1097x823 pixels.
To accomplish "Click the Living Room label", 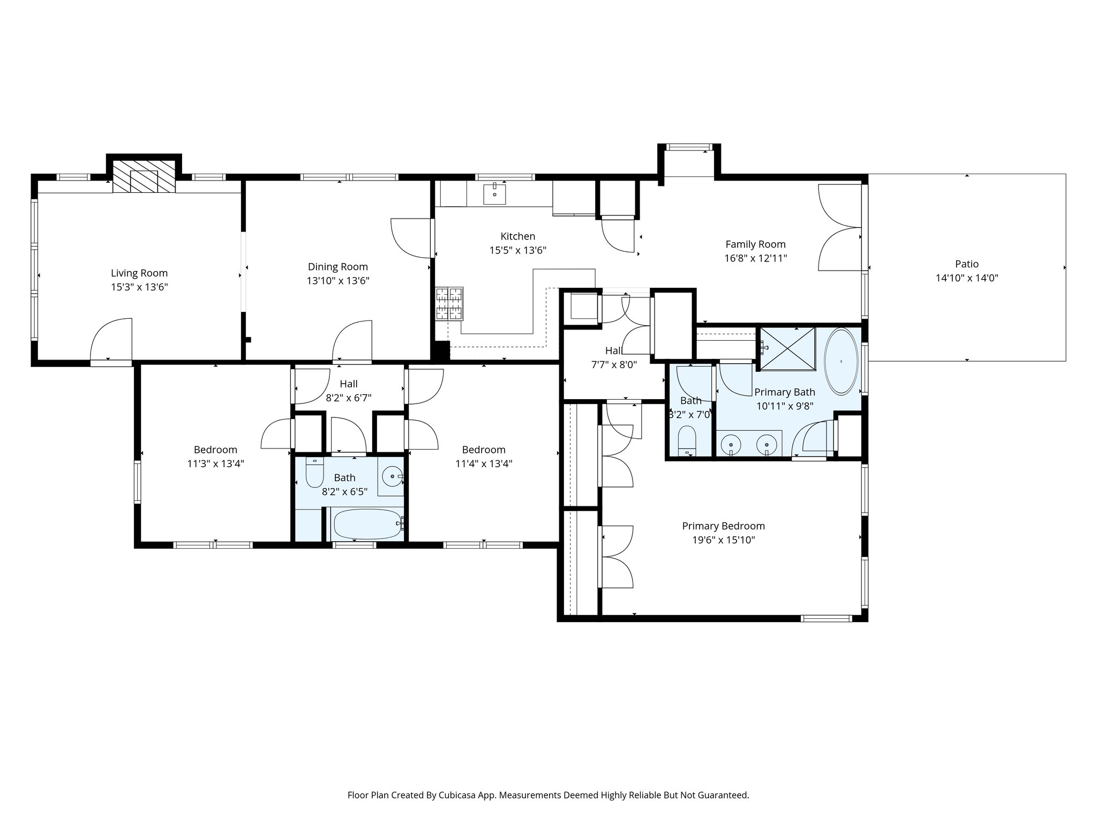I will (x=139, y=273).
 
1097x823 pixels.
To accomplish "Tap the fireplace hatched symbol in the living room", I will (x=144, y=176).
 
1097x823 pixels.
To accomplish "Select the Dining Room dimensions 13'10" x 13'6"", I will (x=338, y=281).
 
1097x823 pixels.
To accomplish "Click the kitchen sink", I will (x=494, y=194).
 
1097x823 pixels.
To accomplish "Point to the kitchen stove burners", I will (x=449, y=303).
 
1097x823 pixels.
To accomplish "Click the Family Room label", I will (x=755, y=244).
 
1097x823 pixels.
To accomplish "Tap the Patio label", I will (x=967, y=264).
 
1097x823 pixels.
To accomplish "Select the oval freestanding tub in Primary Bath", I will (x=841, y=362).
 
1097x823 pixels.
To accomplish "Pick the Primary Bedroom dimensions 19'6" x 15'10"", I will (x=723, y=540).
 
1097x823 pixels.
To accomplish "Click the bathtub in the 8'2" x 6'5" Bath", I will (x=367, y=525).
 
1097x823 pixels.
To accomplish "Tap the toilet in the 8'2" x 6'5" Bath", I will (x=314, y=472).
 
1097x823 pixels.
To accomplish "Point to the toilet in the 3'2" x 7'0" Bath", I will (x=686, y=440).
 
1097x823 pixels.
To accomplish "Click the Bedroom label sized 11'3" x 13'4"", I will (x=215, y=450).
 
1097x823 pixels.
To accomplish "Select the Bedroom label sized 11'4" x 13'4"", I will (x=484, y=450).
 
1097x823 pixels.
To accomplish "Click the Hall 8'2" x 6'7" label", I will (x=349, y=384).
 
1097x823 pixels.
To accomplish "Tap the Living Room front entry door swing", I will (x=111, y=340).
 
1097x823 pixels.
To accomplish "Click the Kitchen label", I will (x=517, y=236).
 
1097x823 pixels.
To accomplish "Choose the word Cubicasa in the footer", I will (x=459, y=795).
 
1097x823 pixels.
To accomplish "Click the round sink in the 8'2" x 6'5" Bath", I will (x=393, y=476).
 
